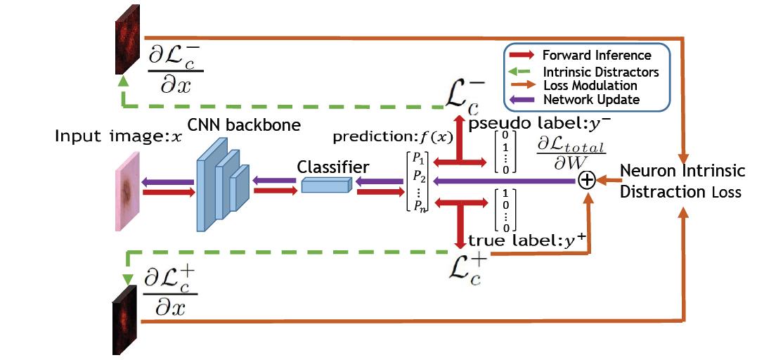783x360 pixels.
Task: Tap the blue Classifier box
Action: click(x=325, y=184)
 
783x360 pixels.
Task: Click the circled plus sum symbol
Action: click(x=587, y=181)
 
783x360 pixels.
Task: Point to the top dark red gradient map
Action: click(x=124, y=48)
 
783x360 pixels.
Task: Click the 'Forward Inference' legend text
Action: click(x=597, y=55)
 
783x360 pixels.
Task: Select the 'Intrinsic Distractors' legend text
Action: click(x=600, y=71)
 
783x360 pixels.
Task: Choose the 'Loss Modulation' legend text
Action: click(x=590, y=85)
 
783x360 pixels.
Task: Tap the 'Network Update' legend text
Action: click(x=590, y=100)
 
